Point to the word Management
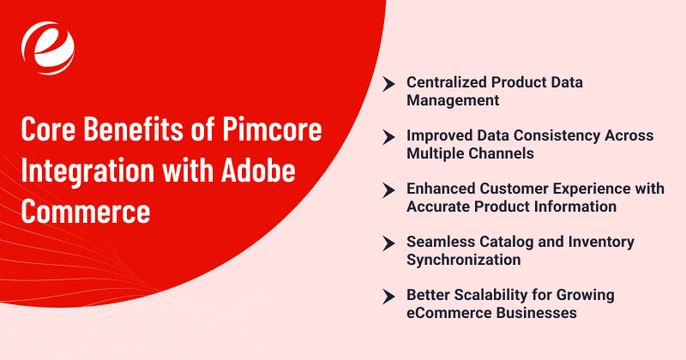point(451,100)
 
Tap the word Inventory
point(597,242)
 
